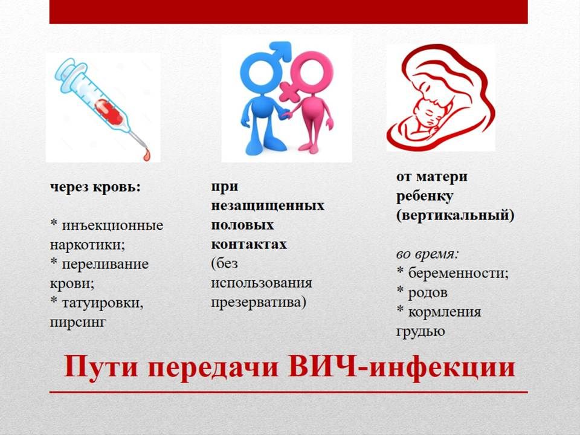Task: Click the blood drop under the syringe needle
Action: tap(147, 154)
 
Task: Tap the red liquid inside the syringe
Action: tap(108, 112)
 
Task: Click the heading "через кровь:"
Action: tap(95, 187)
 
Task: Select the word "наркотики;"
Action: tap(87, 245)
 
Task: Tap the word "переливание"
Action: tap(105, 264)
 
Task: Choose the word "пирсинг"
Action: tap(78, 322)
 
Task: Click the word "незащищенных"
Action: tap(268, 205)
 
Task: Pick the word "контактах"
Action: tap(249, 245)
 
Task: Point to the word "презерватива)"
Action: tap(259, 302)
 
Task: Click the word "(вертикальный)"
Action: tap(456, 215)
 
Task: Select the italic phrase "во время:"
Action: tap(428, 254)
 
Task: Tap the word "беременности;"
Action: tap(459, 274)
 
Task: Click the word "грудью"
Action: tap(420, 332)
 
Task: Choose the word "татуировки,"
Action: tap(103, 303)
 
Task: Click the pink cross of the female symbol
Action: tap(289, 92)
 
